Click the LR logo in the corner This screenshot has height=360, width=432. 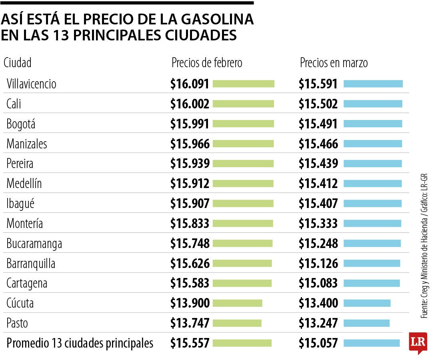click(x=418, y=342)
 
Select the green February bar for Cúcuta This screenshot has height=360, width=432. click(x=237, y=303)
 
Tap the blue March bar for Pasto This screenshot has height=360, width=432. click(x=366, y=323)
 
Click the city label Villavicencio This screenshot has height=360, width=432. click(x=31, y=84)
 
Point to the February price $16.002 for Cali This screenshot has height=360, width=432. click(x=190, y=104)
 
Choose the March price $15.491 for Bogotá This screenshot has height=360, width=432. click(x=318, y=124)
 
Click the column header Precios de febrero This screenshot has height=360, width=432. click(x=206, y=63)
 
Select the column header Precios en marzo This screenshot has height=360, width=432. click(x=334, y=63)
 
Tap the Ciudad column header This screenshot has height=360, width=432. click(x=18, y=63)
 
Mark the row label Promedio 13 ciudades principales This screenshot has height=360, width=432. click(x=80, y=343)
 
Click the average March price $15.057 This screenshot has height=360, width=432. click(x=318, y=343)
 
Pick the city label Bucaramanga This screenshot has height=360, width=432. click(x=34, y=244)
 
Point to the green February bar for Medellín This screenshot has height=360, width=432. click(x=243, y=184)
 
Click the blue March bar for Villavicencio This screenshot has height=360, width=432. click(x=373, y=84)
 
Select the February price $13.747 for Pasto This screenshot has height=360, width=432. click(x=190, y=323)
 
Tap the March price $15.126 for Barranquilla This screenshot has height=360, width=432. click(x=318, y=264)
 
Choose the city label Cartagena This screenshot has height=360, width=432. click(x=27, y=283)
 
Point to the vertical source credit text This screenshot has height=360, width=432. click(x=424, y=246)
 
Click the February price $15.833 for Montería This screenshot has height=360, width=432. click(x=190, y=224)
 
